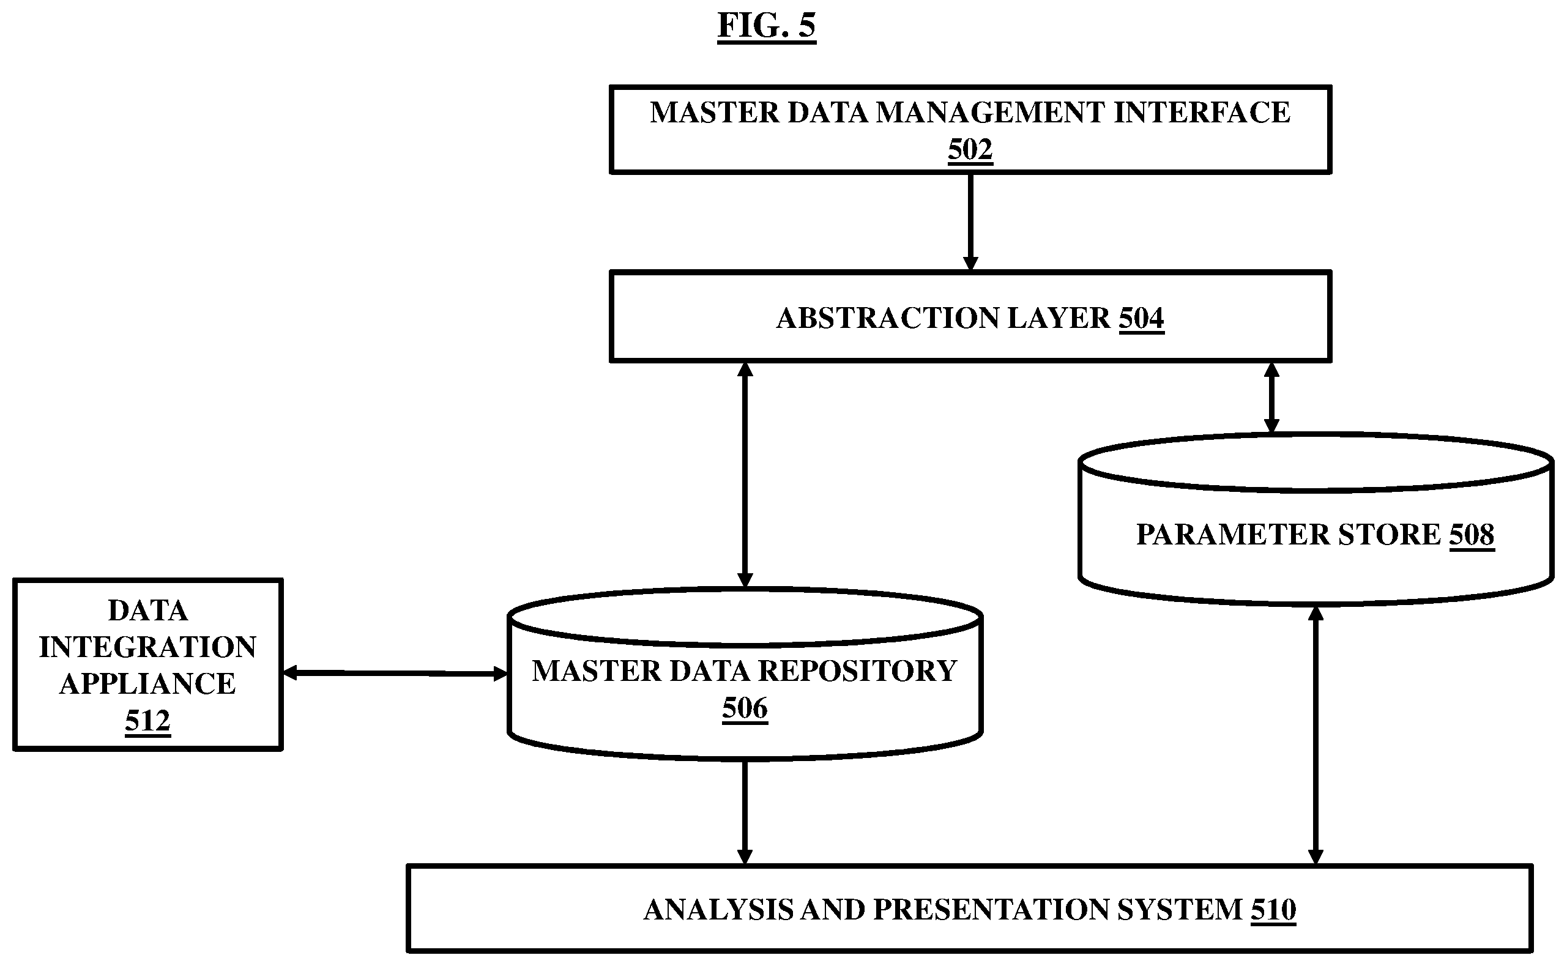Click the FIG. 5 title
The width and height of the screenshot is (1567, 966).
coord(767,26)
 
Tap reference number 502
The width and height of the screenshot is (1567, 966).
coord(970,150)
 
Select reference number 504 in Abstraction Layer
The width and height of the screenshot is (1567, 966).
coord(1142,318)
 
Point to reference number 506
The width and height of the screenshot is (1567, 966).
coord(745,708)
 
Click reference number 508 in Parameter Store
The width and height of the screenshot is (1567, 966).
coord(1472,534)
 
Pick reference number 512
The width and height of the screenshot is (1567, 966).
coord(147,721)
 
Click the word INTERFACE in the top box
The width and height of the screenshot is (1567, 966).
coord(1202,113)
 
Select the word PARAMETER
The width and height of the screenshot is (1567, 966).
coord(1232,534)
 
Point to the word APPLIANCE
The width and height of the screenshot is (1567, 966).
coord(147,683)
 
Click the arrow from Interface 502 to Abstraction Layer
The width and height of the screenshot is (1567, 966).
coord(970,222)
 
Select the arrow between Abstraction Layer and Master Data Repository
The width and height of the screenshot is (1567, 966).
coord(745,475)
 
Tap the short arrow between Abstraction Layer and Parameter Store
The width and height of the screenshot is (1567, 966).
coord(1271,398)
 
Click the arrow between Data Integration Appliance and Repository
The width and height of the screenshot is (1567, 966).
coord(395,673)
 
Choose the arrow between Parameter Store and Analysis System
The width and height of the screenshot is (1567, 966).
coord(1316,735)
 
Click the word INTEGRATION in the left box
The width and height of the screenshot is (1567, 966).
coord(147,647)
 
